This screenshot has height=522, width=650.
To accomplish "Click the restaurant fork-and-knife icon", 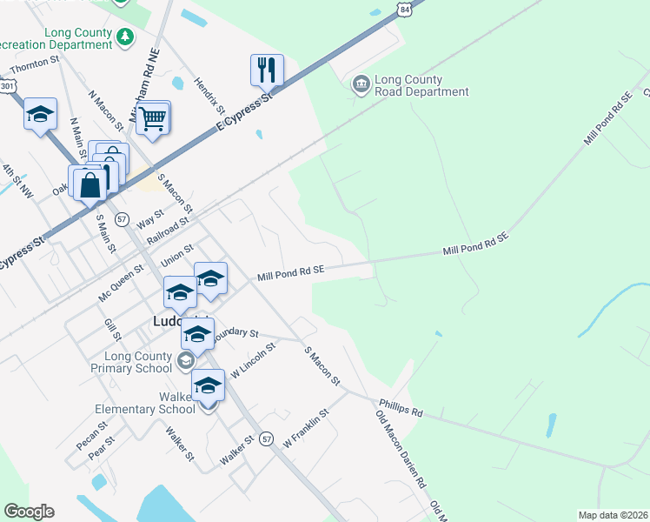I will coord(268,70).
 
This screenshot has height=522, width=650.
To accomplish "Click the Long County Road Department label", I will coord(421,85).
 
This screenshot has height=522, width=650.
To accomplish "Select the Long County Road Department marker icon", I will coord(360,84).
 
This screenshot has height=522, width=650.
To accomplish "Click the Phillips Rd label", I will coord(400,407).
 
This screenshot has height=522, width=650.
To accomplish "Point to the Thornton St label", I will coord(33,65).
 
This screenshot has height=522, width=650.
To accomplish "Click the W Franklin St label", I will coord(307,429).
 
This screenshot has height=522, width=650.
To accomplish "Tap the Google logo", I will coord(29,512).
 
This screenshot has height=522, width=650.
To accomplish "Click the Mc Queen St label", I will coord(121,284).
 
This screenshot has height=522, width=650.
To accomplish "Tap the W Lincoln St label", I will coord(253,358).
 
